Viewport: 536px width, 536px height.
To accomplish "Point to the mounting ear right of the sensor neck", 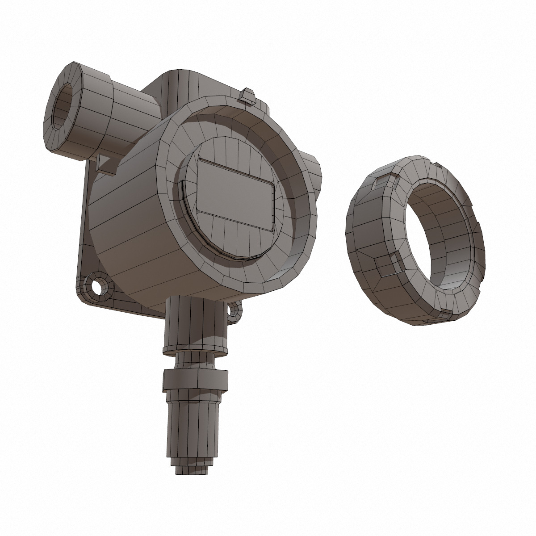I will (x=235, y=310).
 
